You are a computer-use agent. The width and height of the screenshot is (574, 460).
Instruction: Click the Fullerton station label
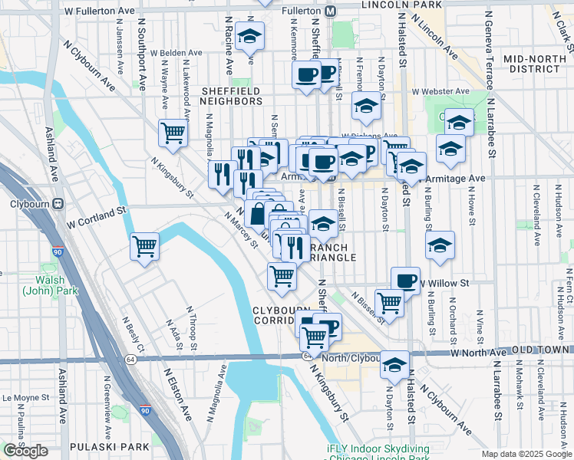point(295,11)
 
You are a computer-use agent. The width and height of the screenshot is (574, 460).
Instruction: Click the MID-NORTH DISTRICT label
point(536,64)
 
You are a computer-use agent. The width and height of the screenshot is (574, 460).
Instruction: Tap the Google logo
point(26,451)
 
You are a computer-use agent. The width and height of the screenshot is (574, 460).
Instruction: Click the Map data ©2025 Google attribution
point(526,453)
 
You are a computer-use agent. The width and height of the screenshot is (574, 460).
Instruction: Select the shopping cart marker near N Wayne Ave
point(173,133)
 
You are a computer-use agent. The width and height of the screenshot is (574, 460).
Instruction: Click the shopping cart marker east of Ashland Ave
point(144,246)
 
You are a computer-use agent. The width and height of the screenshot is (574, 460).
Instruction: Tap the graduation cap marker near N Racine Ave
point(250,37)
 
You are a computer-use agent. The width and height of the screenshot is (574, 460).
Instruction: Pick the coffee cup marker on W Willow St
point(405,281)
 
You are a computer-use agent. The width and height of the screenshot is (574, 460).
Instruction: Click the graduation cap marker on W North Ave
point(394,365)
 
